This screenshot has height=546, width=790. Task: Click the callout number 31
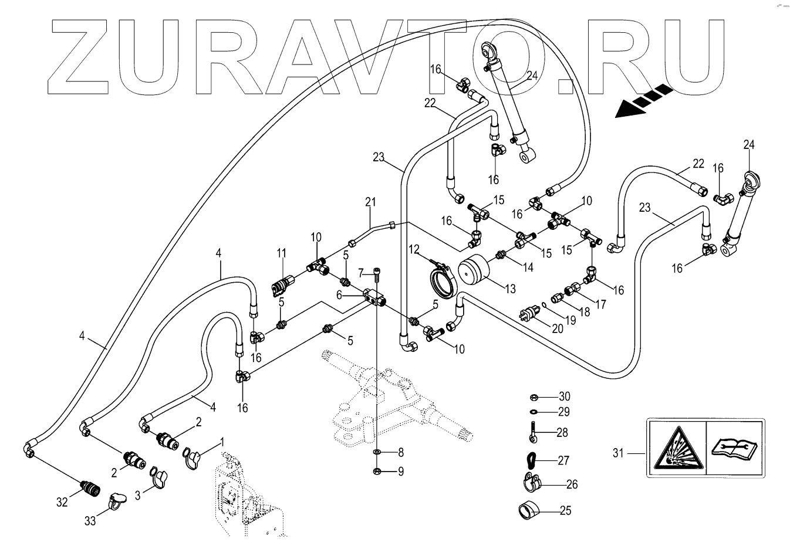point(618,453)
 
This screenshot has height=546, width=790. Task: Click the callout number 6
point(339,295)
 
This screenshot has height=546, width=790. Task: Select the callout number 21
point(370,202)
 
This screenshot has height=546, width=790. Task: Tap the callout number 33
point(90,521)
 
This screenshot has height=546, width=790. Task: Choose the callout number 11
point(282,253)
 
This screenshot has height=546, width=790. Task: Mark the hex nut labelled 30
point(534,397)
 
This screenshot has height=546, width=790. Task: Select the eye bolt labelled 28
point(532,432)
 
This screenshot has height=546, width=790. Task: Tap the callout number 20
point(558,328)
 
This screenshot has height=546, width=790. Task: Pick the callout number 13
point(510,289)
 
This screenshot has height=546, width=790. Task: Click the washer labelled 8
point(377,452)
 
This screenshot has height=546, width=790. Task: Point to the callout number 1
point(222,442)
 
